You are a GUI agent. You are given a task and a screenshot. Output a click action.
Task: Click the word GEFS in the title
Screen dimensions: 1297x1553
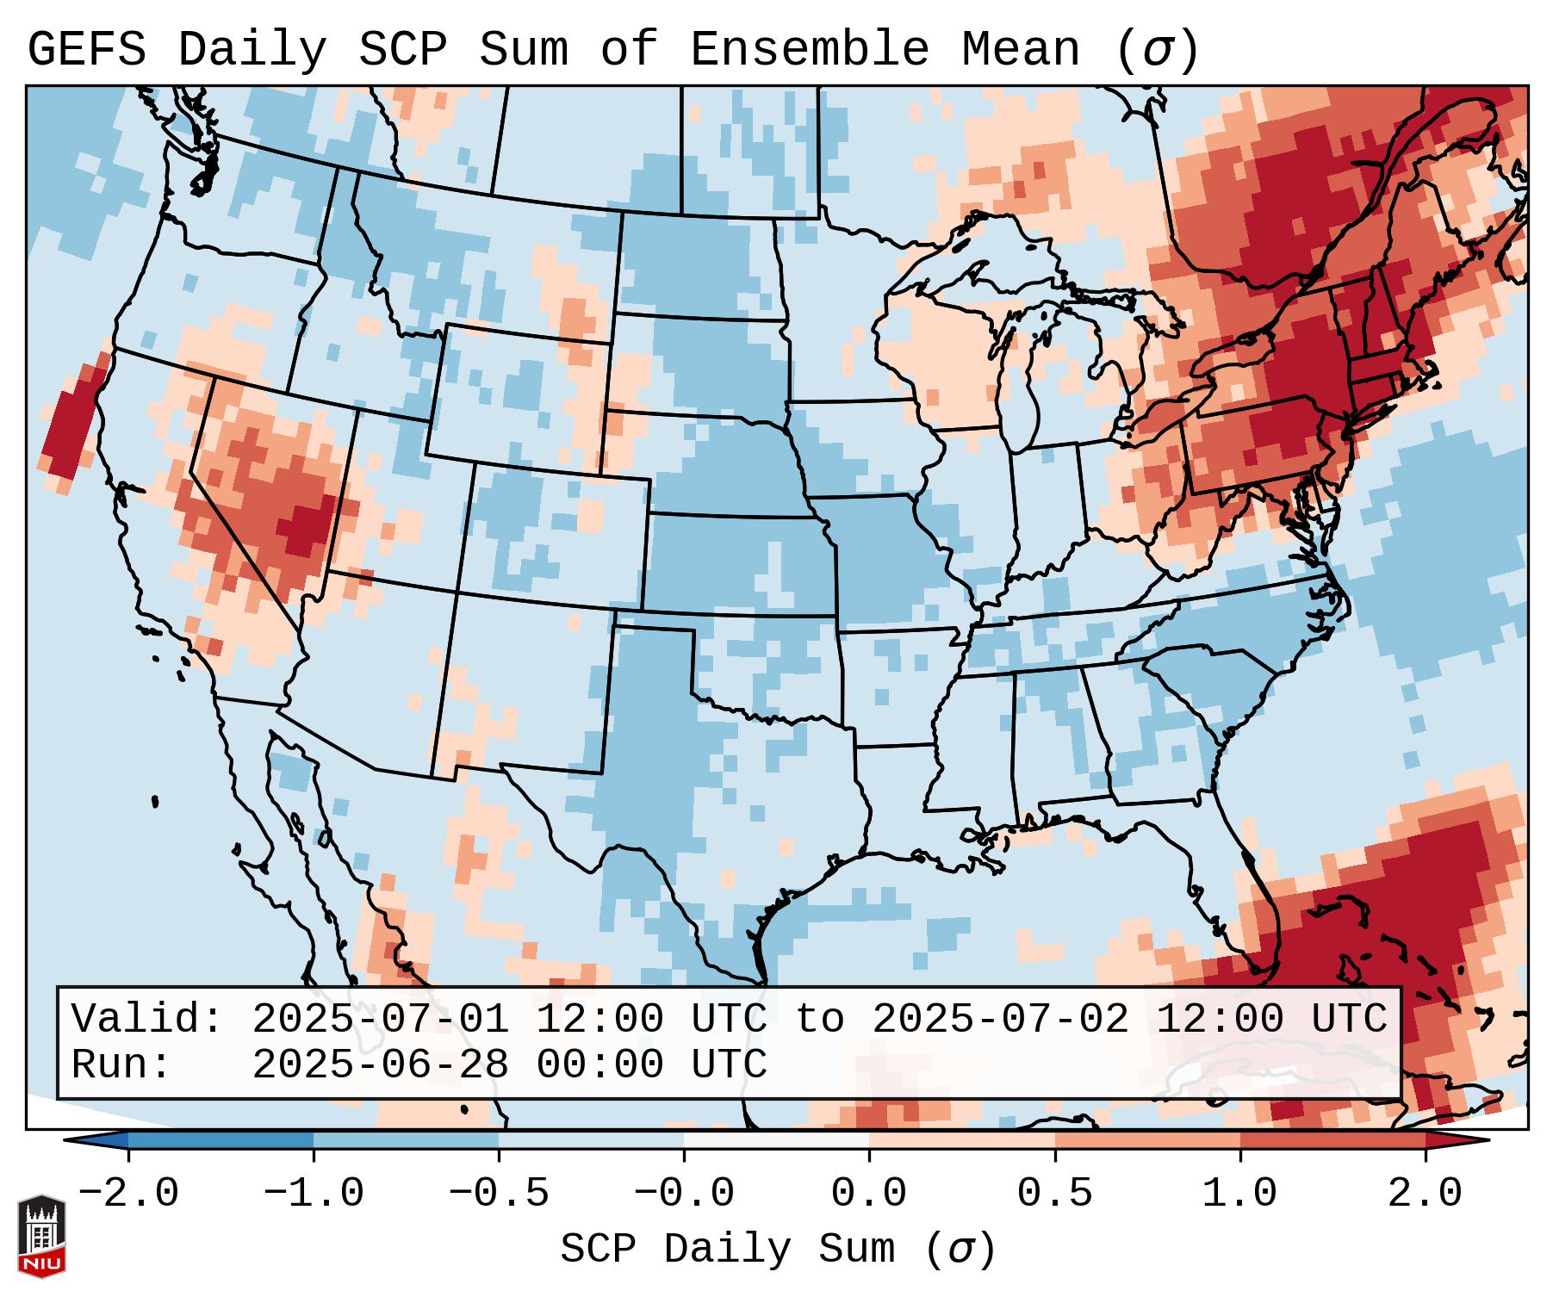click(87, 50)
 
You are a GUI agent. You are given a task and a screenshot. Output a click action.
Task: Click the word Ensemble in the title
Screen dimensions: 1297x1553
click(809, 50)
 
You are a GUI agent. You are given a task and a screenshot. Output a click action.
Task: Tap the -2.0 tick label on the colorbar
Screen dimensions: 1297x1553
click(128, 1194)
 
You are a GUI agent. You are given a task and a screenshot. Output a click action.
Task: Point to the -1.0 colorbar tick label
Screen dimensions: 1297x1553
click(314, 1194)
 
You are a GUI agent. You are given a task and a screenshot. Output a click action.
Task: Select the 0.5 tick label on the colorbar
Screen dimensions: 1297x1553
click(1054, 1194)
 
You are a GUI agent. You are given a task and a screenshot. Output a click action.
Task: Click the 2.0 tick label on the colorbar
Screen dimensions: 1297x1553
click(1425, 1194)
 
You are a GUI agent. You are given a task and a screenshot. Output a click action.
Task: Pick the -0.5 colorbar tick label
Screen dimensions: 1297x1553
click(499, 1194)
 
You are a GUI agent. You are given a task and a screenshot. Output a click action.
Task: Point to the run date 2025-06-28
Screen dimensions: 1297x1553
click(380, 1064)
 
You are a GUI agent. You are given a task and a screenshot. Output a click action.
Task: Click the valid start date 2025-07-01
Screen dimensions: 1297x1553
click(380, 1019)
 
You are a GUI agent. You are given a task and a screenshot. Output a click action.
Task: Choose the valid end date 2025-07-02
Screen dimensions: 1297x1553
click(1000, 1019)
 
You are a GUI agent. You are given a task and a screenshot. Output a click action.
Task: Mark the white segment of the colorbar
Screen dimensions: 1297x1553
click(776, 1139)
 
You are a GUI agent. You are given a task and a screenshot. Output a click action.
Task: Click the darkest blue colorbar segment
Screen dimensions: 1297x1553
click(220, 1139)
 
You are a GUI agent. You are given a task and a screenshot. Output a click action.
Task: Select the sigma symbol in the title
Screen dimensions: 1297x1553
click(1157, 50)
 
